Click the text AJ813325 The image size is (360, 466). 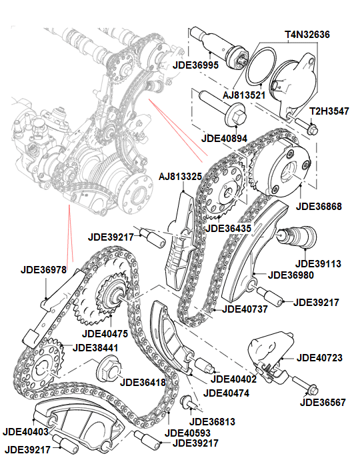pyautogui.click(x=180, y=177)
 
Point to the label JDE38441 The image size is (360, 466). pyautogui.click(x=98, y=347)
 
